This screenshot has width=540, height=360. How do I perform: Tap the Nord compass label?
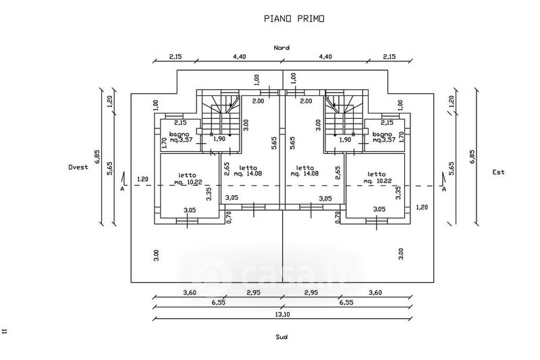(281, 48)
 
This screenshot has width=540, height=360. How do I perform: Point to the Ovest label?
(78, 167)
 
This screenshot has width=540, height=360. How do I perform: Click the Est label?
(498, 172)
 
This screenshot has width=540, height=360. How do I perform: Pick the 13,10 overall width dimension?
(281, 313)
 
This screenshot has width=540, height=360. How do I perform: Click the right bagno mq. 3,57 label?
(385, 138)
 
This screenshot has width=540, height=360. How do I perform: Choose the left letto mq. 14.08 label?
(248, 171)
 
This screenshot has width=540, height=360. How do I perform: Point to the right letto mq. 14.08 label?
(304, 171)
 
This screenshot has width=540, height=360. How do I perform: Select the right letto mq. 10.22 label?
(377, 178)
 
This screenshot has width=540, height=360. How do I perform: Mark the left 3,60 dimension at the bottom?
(189, 292)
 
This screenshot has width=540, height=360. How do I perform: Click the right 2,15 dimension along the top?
(389, 57)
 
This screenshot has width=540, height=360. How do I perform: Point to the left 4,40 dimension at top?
(239, 57)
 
